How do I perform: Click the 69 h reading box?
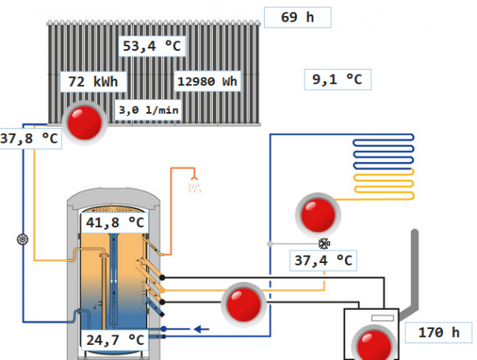click(x=297, y=17)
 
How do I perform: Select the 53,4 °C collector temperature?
click(x=152, y=46)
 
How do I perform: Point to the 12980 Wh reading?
click(x=207, y=81)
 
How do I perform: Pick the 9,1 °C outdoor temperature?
click(x=337, y=79)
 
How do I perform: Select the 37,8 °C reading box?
click(x=29, y=138)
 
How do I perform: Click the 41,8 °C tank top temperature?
click(x=115, y=223)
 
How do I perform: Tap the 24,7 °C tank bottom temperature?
click(x=114, y=341)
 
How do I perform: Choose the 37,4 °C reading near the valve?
click(x=323, y=260)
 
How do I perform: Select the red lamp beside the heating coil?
click(x=318, y=214)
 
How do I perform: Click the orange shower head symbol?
click(x=194, y=186)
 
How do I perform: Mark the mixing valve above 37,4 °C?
click(x=324, y=243)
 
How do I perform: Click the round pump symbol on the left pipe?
click(x=22, y=239)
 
